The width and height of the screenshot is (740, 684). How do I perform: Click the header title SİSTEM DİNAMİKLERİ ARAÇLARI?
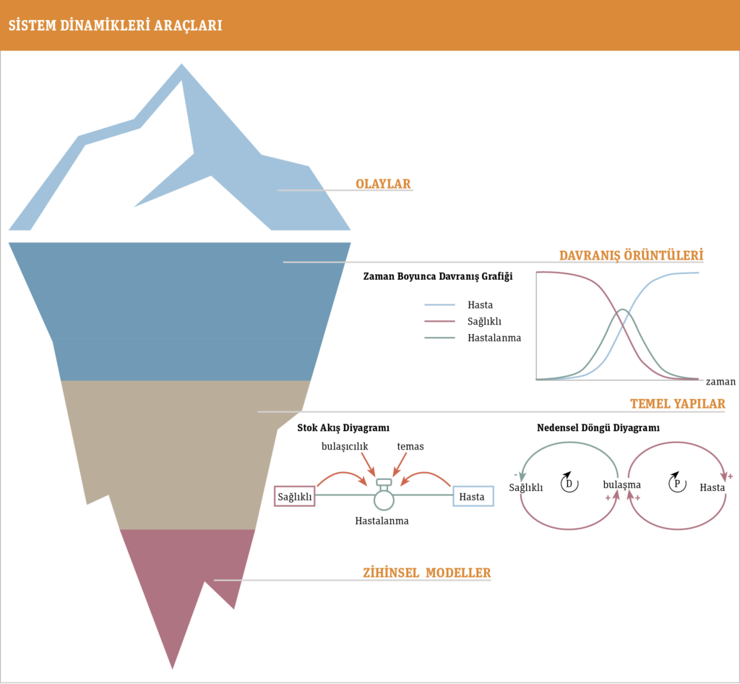tap(115, 25)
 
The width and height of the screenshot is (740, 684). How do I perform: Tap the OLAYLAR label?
tap(383, 184)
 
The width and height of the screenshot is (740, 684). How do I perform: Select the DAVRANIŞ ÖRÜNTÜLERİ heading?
tap(631, 255)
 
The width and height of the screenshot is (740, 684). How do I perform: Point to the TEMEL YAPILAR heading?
tap(678, 403)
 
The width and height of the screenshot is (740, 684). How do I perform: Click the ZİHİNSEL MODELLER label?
tap(426, 573)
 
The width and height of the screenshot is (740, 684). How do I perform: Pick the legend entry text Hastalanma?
tap(494, 338)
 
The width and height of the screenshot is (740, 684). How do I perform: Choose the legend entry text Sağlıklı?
tap(484, 322)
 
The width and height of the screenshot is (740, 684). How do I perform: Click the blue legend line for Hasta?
tap(439, 305)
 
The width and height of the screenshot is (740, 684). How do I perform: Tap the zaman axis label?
tap(720, 382)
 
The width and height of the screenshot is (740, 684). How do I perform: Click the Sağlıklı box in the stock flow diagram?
tap(295, 497)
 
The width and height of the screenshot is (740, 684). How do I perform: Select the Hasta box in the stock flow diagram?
tap(473, 497)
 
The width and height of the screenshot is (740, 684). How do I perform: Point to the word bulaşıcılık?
tap(345, 447)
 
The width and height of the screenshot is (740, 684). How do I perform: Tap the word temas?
tap(410, 447)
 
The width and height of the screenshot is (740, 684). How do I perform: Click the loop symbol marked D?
tap(569, 483)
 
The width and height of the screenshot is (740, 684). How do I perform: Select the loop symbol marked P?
tap(677, 483)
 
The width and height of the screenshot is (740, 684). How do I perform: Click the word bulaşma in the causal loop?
tap(621, 484)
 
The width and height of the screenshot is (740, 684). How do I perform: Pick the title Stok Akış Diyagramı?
tap(343, 427)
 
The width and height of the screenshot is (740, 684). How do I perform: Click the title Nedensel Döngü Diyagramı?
tap(598, 427)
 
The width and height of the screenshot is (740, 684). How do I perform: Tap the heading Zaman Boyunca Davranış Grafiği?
tap(437, 276)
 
